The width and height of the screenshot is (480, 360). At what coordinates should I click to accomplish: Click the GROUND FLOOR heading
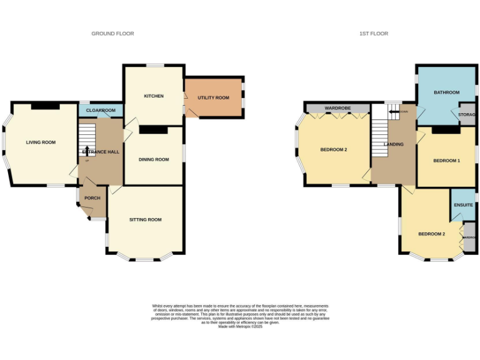pyautogui.click(x=112, y=34)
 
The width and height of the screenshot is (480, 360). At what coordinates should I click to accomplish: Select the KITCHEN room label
pyautogui.click(x=154, y=96)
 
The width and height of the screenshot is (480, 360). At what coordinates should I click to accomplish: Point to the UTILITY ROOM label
pyautogui.click(x=213, y=97)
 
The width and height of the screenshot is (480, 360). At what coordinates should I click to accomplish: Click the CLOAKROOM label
pyautogui.click(x=101, y=111)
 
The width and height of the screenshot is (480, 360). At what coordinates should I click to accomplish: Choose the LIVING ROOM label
pyautogui.click(x=41, y=142)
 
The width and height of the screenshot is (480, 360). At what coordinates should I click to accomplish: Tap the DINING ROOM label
pyautogui.click(x=153, y=159)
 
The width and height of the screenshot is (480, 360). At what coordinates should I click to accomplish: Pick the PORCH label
pyautogui.click(x=92, y=198)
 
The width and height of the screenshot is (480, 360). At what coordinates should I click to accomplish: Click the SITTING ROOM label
pyautogui.click(x=145, y=219)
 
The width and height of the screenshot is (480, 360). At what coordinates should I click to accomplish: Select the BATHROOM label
pyautogui.click(x=447, y=92)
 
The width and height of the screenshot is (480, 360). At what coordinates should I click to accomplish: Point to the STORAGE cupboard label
pyautogui.click(x=467, y=115)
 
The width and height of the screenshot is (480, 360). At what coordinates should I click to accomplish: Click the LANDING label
pyautogui.click(x=394, y=144)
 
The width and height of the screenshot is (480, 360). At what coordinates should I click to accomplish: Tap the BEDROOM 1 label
pyautogui.click(x=446, y=161)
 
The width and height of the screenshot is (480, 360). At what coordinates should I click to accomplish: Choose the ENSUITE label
pyautogui.click(x=462, y=204)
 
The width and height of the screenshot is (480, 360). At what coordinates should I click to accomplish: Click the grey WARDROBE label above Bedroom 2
pyautogui.click(x=337, y=109)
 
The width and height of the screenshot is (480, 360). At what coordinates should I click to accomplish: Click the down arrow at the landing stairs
pyautogui.click(x=393, y=112)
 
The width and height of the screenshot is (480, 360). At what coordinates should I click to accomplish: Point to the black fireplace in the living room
pyautogui.click(x=45, y=106)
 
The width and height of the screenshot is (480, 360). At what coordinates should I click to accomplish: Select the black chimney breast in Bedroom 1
pyautogui.click(x=446, y=130)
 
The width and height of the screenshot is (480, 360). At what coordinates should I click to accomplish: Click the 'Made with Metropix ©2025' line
pyautogui.click(x=240, y=326)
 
